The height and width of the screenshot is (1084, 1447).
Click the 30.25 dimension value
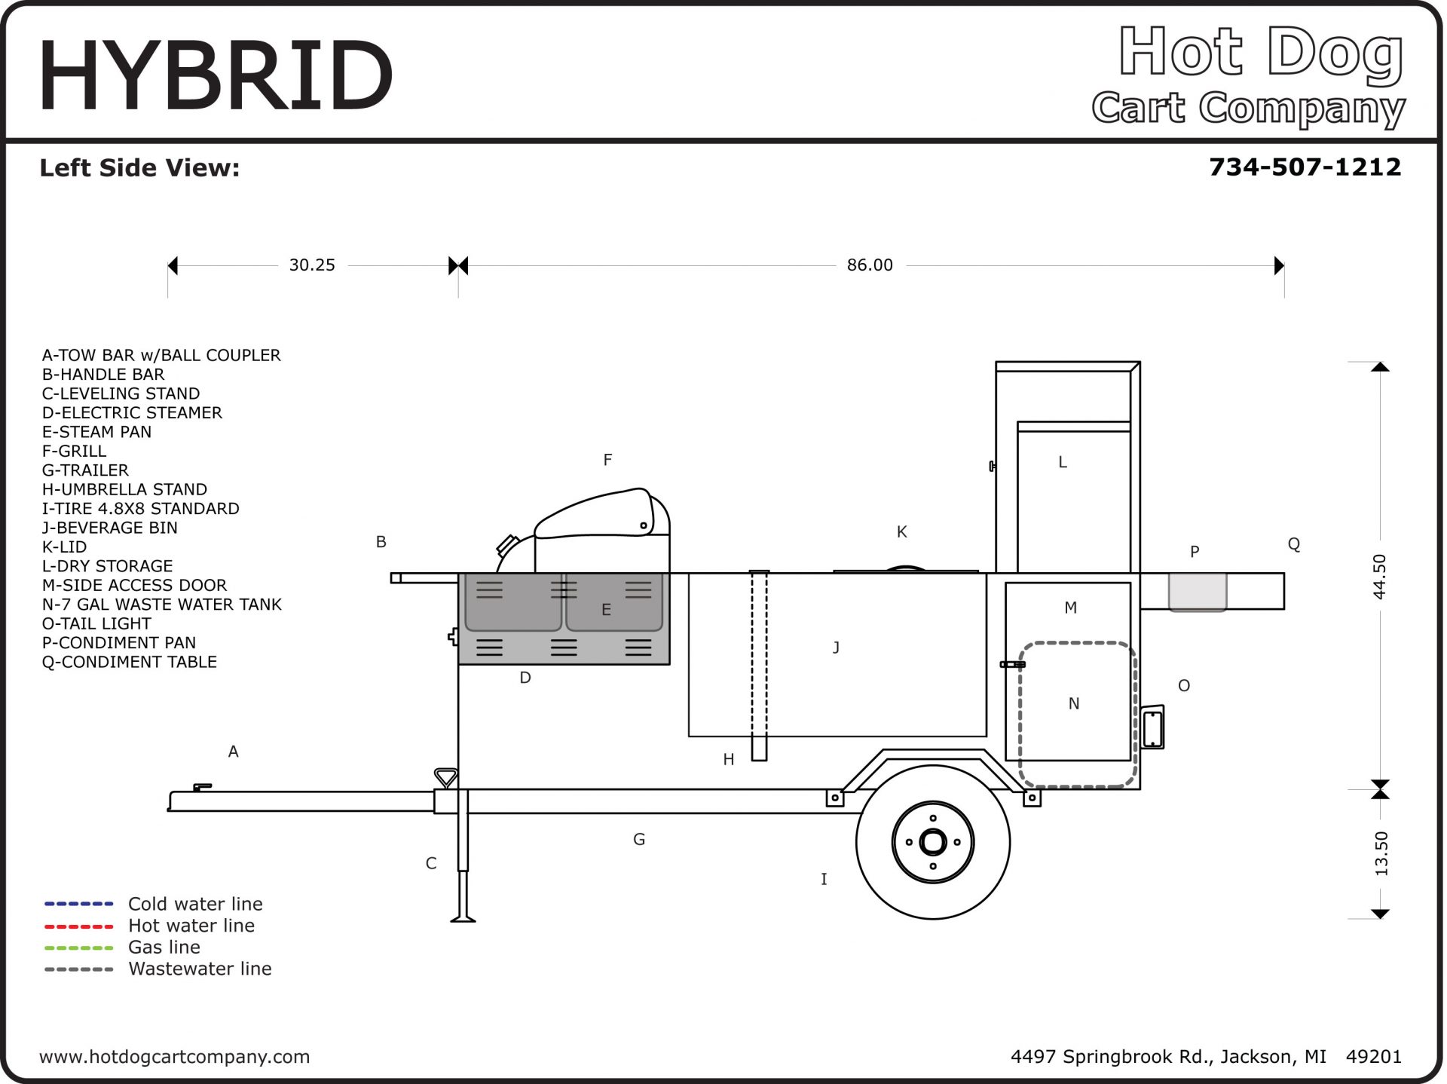point(312,265)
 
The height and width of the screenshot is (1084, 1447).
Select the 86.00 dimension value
point(870,265)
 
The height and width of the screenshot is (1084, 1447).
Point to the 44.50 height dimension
point(1379,577)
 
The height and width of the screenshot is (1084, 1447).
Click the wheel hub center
point(933,842)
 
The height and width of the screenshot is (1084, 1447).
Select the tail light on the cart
point(1153,727)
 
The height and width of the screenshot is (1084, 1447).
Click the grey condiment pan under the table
point(1197,591)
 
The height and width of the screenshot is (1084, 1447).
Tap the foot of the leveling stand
point(463,918)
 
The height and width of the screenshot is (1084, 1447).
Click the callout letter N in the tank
point(1074,704)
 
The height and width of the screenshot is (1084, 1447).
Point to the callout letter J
point(836,648)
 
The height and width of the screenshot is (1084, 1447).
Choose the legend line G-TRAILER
point(85,470)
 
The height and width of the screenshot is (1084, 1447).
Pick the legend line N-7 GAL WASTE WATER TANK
point(161,605)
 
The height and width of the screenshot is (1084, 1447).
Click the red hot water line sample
point(78,926)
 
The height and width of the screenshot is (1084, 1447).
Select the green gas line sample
point(78,948)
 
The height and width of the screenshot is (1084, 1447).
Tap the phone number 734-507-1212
point(1305,167)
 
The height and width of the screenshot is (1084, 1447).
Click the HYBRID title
point(216,75)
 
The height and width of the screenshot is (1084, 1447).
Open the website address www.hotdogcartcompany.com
point(174,1057)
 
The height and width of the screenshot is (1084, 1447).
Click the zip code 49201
point(1373,1057)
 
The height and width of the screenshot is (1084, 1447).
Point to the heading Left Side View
point(139,167)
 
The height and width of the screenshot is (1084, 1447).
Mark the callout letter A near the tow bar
point(234,752)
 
